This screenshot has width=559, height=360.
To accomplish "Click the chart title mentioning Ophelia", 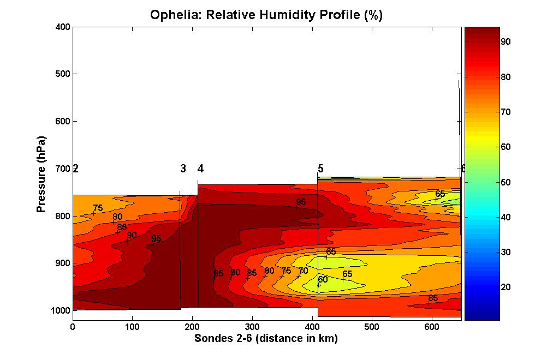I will [x=266, y=15].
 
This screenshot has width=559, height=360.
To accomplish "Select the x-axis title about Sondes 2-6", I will [x=266, y=339].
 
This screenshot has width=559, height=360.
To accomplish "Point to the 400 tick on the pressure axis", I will [x=63, y=27].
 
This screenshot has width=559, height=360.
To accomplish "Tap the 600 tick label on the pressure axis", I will [x=63, y=121].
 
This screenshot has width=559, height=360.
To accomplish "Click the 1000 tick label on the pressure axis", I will [x=61, y=310].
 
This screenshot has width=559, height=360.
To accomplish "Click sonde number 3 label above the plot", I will [x=183, y=169].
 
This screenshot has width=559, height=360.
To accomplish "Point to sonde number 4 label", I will [x=200, y=169].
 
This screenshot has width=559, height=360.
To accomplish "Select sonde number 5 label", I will [x=320, y=169].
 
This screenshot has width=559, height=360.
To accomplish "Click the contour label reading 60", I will [x=323, y=280].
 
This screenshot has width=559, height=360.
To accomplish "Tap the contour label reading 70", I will [x=304, y=271].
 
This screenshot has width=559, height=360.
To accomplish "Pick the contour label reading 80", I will [x=117, y=217].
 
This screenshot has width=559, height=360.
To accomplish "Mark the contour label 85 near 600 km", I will [x=433, y=298].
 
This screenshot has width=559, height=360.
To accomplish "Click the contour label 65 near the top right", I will [x=440, y=194].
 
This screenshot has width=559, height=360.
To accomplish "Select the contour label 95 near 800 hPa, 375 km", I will [x=301, y=202].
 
